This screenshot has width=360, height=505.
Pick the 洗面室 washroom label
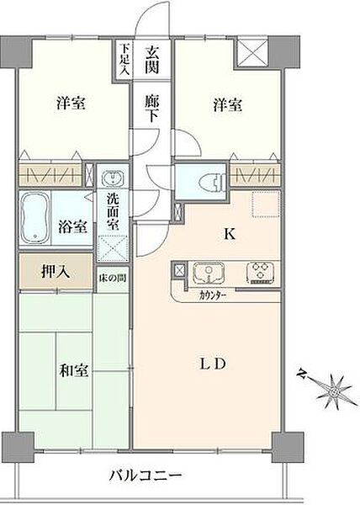point(111,215)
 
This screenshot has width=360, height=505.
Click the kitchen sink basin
point(207,272)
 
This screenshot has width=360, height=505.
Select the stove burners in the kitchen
point(258,272)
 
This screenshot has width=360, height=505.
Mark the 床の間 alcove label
point(111,277)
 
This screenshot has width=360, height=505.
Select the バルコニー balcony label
point(146,476)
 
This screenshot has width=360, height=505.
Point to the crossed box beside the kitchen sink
point(178,270)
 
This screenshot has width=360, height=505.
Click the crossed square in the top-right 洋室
point(253,53)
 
